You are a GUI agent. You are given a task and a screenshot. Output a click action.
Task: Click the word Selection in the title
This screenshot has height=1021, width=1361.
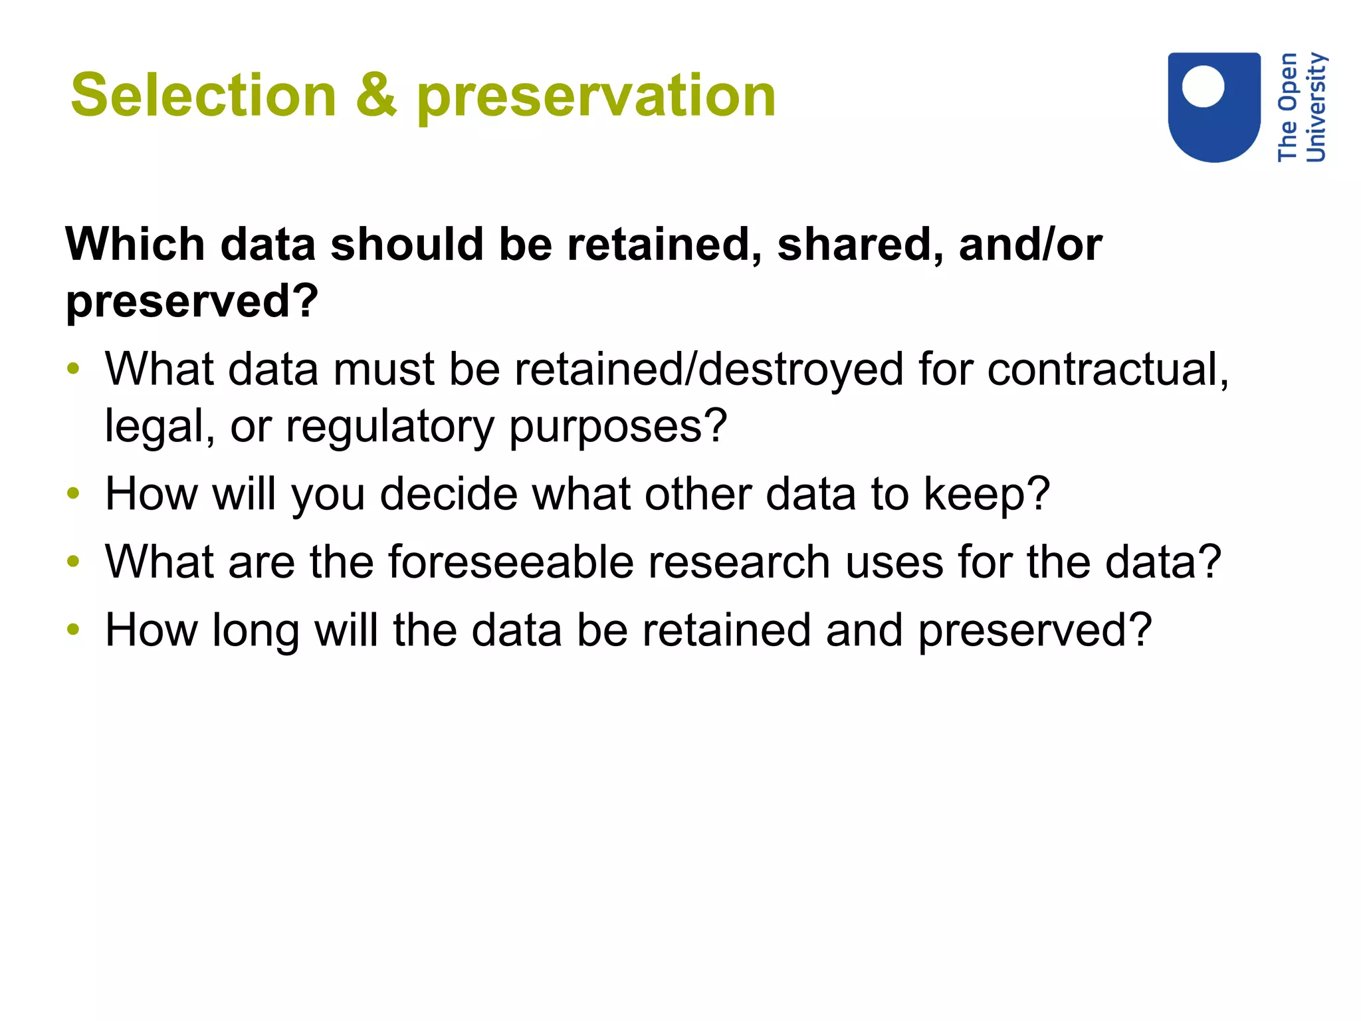203,96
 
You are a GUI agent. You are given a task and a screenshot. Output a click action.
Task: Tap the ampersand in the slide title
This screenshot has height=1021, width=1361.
376,96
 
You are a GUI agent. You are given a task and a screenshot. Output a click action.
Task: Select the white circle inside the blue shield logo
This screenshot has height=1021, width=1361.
1203,86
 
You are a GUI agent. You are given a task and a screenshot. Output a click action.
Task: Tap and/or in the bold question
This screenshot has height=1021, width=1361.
1029,245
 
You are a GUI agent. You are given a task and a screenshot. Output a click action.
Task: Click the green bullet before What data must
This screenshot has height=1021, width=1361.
73,368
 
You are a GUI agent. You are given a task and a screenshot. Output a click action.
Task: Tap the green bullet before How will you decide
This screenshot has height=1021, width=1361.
73,493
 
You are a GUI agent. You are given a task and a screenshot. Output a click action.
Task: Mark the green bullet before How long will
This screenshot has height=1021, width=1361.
73,629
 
